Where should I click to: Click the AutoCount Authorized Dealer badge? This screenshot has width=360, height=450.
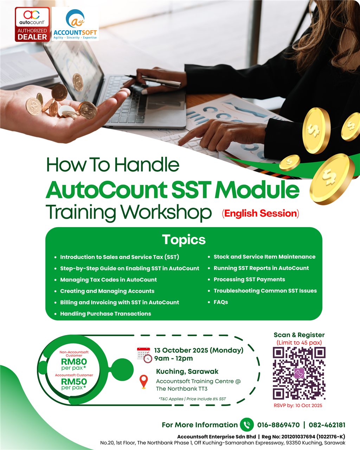coord(32,24)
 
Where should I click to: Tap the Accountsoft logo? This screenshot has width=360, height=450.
coord(75,24)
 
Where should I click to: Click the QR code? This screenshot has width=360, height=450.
coord(299,373)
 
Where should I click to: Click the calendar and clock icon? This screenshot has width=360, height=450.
coord(144,355)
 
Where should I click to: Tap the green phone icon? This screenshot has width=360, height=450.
coord(247,425)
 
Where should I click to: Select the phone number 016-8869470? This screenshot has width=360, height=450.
coord(278,425)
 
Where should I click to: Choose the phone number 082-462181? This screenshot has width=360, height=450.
coord(327,425)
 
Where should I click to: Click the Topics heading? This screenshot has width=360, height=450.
coord(184,240)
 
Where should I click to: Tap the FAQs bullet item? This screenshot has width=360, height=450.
coord(221,302)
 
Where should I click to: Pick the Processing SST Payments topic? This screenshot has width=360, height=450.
coord(249,279)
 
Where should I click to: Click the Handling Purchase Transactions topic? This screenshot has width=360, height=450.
coord(105,314)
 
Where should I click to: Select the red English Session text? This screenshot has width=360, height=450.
coord(261,213)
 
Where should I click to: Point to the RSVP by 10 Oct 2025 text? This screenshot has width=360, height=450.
coord(298,405)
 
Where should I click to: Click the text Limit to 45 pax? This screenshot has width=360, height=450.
coord(299,342)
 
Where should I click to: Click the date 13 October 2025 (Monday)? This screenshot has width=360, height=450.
coord(199,350)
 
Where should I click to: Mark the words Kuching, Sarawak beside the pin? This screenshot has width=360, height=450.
coord(187,371)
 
